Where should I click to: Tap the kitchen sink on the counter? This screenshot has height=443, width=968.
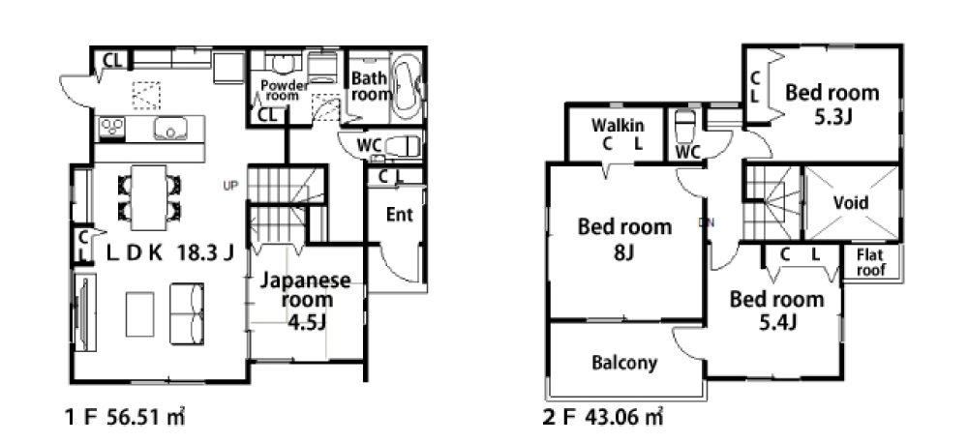[171, 129]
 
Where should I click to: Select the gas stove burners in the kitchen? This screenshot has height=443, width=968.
[111, 128]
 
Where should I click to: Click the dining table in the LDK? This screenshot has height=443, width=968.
[149, 196]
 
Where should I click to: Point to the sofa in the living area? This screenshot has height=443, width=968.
[187, 314]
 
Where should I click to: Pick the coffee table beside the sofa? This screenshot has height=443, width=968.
[140, 314]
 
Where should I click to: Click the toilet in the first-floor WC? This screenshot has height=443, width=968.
[403, 147]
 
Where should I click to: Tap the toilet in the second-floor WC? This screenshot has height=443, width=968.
[685, 127]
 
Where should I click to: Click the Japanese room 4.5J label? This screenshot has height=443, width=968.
[306, 301]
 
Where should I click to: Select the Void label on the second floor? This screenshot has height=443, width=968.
[850, 203]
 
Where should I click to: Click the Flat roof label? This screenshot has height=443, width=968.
[870, 262]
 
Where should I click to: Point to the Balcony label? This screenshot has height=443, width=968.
[624, 362]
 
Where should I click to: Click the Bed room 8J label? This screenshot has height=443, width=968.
[624, 239]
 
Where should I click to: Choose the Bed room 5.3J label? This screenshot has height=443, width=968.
[832, 103]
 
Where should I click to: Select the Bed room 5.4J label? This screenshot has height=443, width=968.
[776, 310]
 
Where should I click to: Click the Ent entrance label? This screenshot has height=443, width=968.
[400, 215]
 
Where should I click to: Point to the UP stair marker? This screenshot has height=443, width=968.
[230, 185]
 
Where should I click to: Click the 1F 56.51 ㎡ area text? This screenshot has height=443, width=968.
[125, 418]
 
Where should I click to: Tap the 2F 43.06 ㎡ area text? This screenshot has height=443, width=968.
[603, 418]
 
